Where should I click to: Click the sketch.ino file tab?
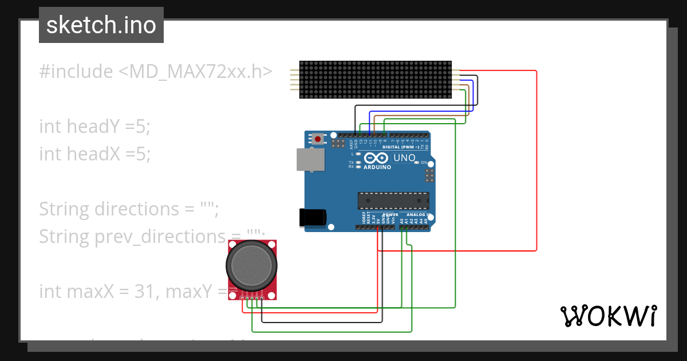101,25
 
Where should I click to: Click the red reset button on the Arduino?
318,138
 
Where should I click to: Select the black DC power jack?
313,217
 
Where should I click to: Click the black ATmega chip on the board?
393,201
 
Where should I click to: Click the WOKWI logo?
608,316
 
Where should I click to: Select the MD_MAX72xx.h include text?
195,72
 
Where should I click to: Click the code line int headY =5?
94,126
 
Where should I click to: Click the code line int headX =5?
94,154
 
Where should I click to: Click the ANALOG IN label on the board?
417,214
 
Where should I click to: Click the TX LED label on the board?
351,162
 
